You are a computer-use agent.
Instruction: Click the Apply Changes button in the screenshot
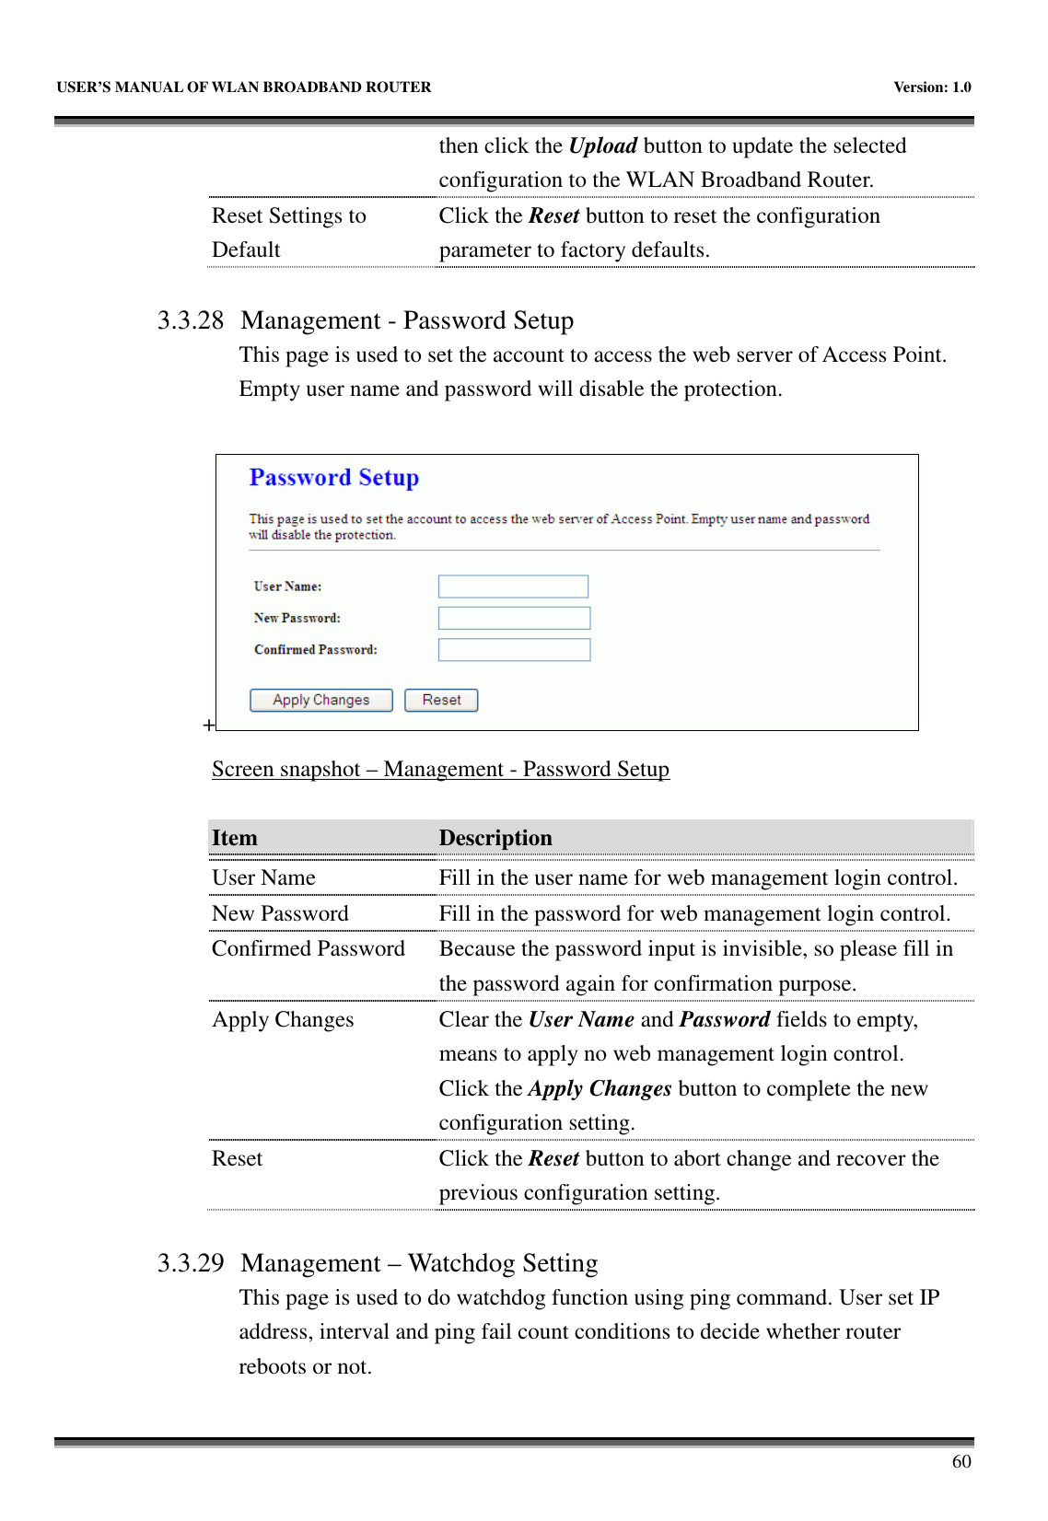pyautogui.click(x=320, y=700)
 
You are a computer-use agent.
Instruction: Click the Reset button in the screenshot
pyautogui.click(x=441, y=700)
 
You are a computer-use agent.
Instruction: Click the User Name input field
pyautogui.click(x=514, y=586)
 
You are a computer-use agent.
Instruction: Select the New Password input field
pyautogui.click(x=514, y=618)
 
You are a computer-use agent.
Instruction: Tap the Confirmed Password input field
pyautogui.click(x=514, y=650)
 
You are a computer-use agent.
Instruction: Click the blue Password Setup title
pyautogui.click(x=333, y=478)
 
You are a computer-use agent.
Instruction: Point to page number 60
pyautogui.click(x=961, y=1462)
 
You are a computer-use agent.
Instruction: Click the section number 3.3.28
pyautogui.click(x=190, y=320)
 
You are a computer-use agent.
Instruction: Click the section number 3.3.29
pyautogui.click(x=190, y=1262)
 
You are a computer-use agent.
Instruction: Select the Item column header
pyautogui.click(x=235, y=838)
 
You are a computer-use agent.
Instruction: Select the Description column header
pyautogui.click(x=495, y=838)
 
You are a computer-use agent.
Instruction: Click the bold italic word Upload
pyautogui.click(x=602, y=146)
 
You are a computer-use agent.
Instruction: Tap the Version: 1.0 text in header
pyautogui.click(x=932, y=87)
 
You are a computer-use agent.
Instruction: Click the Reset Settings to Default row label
pyautogui.click(x=288, y=232)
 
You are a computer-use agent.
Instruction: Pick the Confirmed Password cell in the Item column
pyautogui.click(x=309, y=949)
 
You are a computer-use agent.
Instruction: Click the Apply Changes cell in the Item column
pyautogui.click(x=283, y=1020)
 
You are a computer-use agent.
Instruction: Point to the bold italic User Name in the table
pyautogui.click(x=581, y=1020)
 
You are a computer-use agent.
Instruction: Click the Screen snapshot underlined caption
pyautogui.click(x=440, y=770)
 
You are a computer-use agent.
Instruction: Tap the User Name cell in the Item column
pyautogui.click(x=263, y=878)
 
